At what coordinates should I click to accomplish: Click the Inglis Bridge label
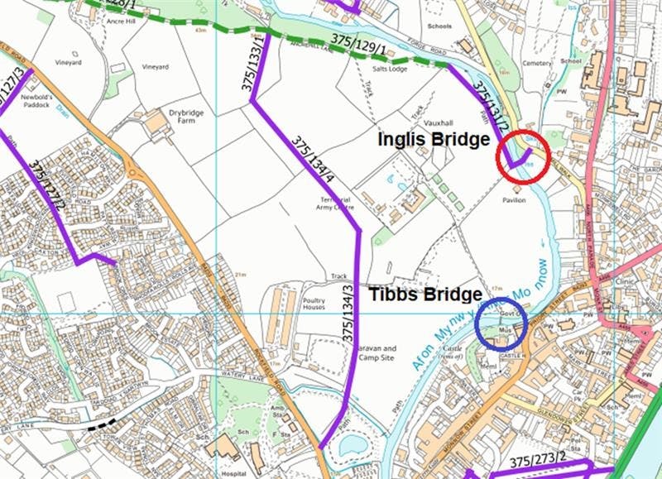point(434,140)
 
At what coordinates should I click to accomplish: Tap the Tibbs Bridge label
point(425,295)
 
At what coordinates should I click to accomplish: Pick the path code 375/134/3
point(350,315)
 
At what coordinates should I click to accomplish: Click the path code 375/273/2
point(538,460)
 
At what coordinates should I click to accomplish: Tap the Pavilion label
point(513,200)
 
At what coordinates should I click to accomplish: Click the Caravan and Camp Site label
point(378,354)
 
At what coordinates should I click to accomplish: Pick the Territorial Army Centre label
point(337,204)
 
